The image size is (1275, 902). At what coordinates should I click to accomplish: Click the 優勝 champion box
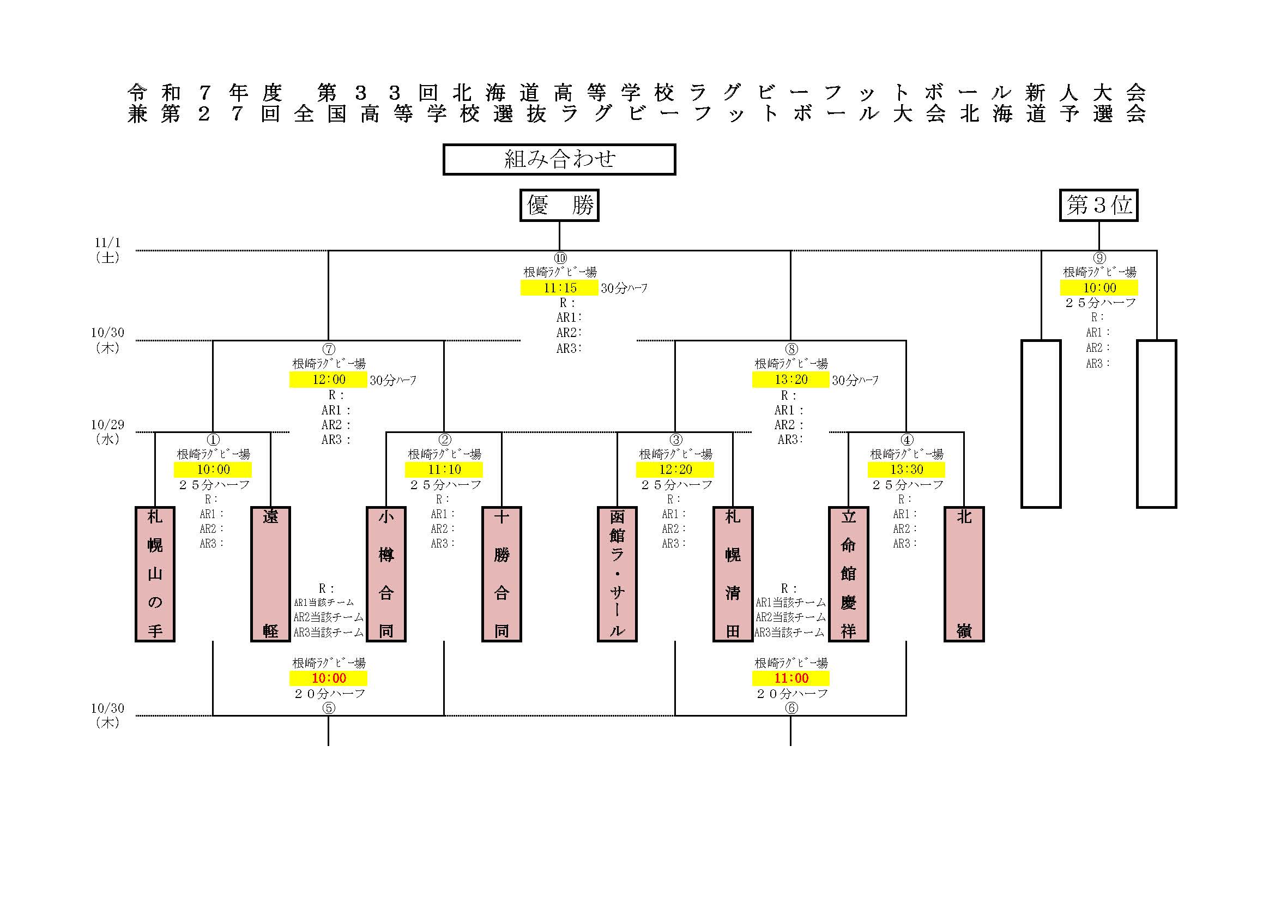[x=559, y=206]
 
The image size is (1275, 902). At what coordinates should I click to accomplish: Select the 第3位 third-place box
[x=1098, y=206]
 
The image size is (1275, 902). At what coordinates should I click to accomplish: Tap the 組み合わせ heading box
[x=559, y=159]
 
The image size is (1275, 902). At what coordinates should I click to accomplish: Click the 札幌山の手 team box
[x=155, y=574]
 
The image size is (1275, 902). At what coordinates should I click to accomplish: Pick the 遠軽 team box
[x=270, y=574]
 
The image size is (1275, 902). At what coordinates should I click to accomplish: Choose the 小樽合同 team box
[x=386, y=574]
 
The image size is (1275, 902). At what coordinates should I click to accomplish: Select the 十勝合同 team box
[x=501, y=574]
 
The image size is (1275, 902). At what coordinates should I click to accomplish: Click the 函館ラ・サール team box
[x=617, y=574]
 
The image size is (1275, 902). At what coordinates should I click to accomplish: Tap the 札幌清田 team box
[x=733, y=574]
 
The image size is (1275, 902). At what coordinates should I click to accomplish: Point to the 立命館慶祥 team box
[x=849, y=574]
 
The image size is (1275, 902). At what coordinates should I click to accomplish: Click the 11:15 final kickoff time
[x=560, y=288]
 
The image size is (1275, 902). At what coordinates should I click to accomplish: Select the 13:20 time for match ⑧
[x=791, y=380]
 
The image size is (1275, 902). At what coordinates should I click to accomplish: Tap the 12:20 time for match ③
[x=675, y=470]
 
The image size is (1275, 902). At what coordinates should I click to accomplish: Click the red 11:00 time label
[x=791, y=678]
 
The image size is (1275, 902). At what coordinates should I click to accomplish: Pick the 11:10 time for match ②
[x=444, y=470]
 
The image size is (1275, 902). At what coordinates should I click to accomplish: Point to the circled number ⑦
[x=329, y=350]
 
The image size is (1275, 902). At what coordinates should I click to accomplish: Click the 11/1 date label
[x=108, y=243]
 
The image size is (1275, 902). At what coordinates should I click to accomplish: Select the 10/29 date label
[x=108, y=425]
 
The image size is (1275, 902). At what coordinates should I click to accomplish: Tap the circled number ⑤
[x=329, y=708]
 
